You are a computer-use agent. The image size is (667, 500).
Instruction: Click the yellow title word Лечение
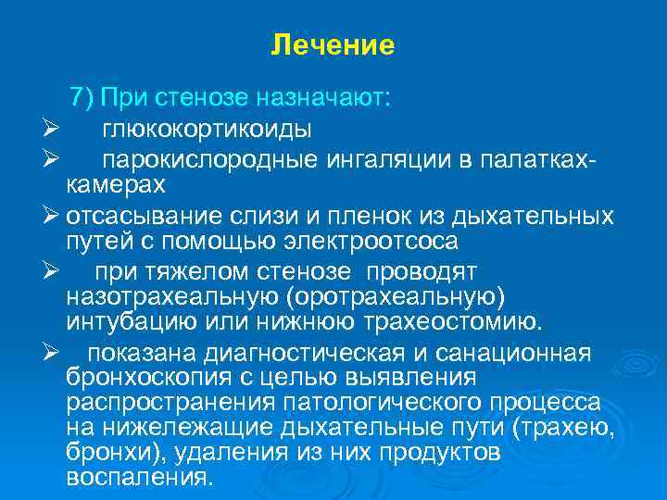point(333,44)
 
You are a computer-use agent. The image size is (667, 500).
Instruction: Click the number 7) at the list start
point(82,98)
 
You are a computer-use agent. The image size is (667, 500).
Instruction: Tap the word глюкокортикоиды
point(207,128)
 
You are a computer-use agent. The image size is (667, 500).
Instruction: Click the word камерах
point(116,183)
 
